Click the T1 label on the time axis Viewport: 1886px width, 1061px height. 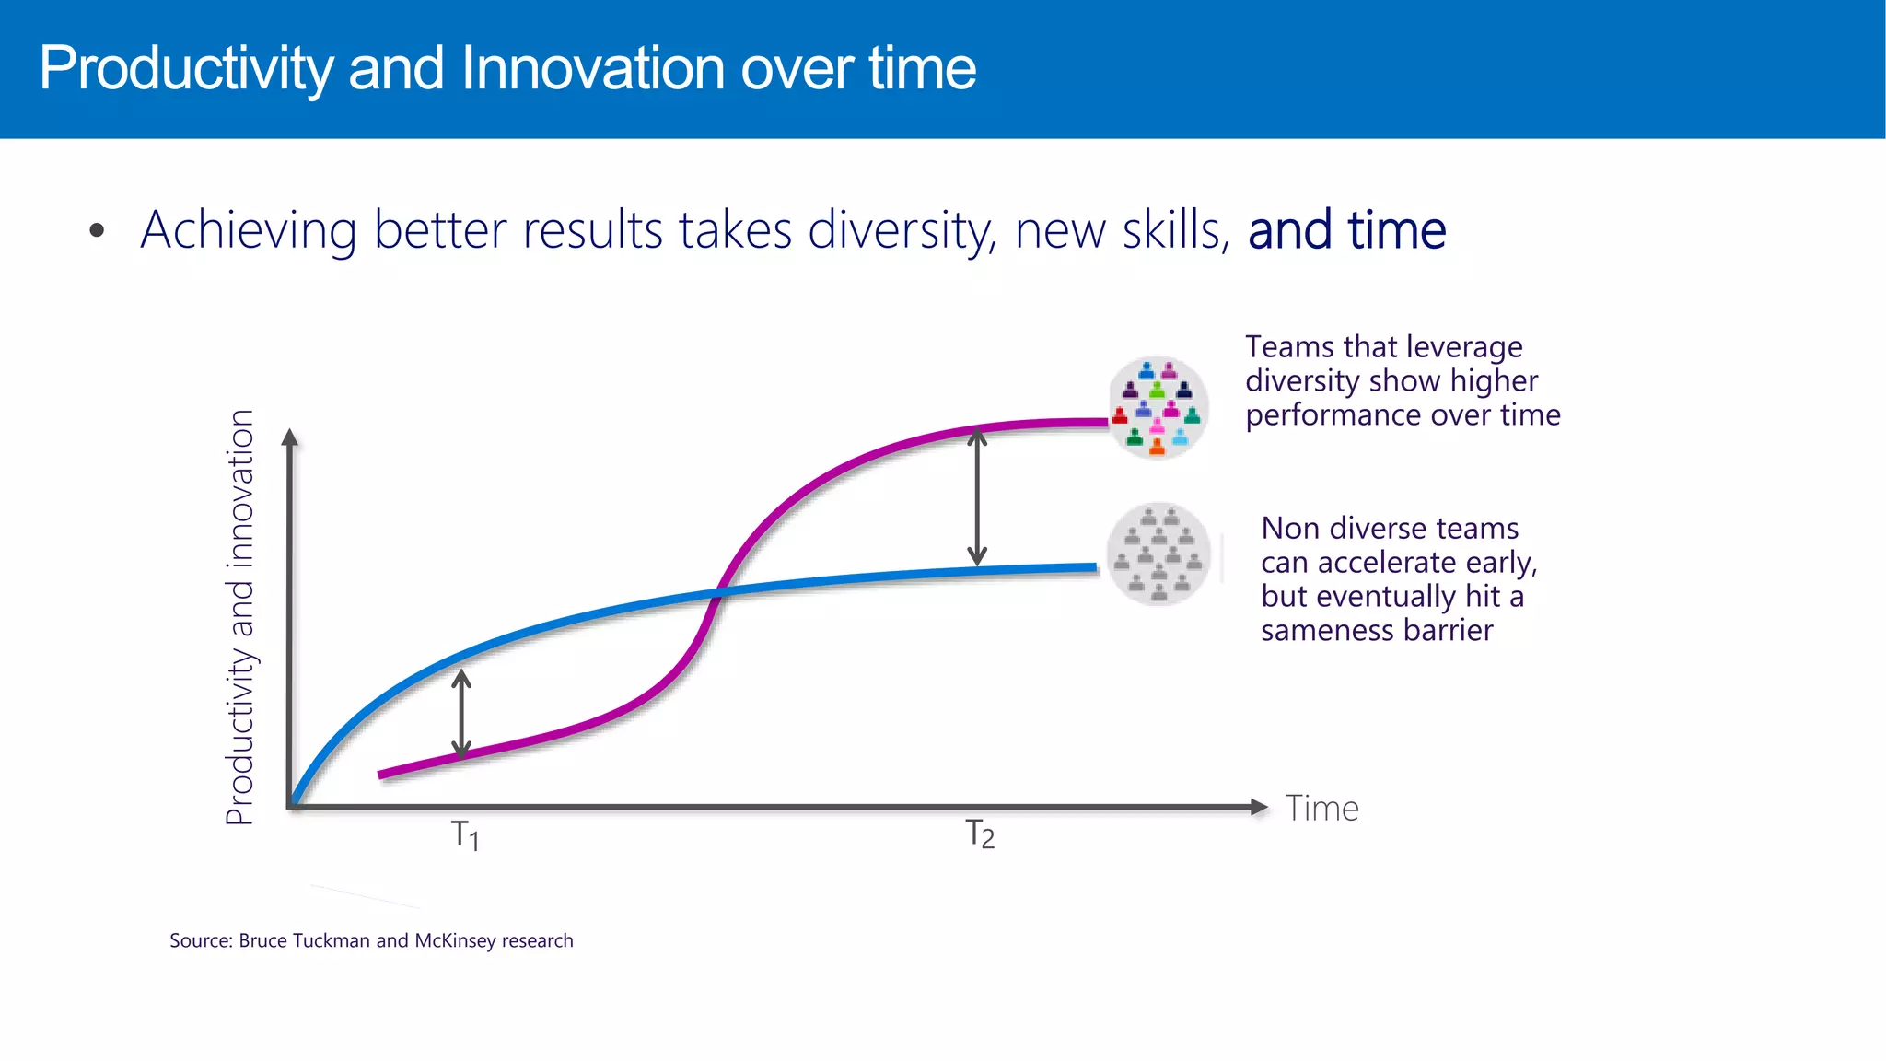[x=464, y=835]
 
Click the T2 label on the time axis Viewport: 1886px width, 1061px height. [x=980, y=834]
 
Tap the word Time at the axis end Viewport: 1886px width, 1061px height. [x=1321, y=809]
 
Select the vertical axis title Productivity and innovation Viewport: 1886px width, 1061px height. [x=239, y=617]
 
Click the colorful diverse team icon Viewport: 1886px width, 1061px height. [x=1158, y=407]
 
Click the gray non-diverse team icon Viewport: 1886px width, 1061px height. [x=1158, y=554]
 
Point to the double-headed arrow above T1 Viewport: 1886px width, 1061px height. [x=462, y=714]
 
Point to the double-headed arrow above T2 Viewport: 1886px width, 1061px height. [x=977, y=497]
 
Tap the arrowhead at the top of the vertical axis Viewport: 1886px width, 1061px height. [x=290, y=437]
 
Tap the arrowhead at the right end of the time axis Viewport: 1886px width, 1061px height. [x=1259, y=807]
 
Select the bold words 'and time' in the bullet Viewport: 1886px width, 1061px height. [x=1346, y=230]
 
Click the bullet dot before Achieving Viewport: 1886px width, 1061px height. [x=98, y=231]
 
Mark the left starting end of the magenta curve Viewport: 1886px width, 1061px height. [x=381, y=775]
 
